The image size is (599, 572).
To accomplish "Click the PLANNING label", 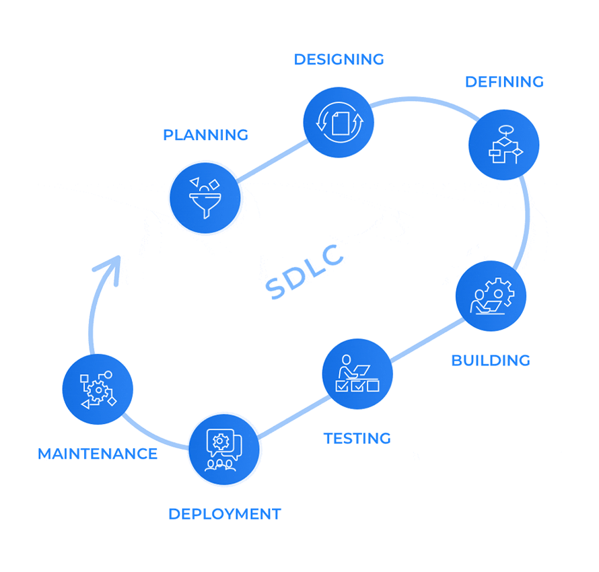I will [205, 135].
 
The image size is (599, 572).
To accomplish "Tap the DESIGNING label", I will [339, 59].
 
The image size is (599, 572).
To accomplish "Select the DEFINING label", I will [504, 82].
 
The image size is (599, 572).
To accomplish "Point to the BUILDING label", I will [490, 361].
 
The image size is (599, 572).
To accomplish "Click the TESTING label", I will [357, 439].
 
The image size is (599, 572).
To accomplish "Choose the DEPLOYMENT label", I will [224, 514].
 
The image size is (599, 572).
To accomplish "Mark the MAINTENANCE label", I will [98, 454].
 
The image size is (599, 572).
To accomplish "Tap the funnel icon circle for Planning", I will [205, 198].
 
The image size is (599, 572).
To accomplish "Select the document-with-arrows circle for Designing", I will [339, 122].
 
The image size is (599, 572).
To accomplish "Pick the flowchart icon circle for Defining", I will [503, 145].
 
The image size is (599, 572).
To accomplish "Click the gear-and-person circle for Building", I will [491, 296].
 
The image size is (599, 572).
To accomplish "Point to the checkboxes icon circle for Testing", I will [357, 373].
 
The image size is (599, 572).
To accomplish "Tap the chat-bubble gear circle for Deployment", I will [223, 449].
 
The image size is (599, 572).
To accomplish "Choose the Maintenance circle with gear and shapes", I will [98, 390].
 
